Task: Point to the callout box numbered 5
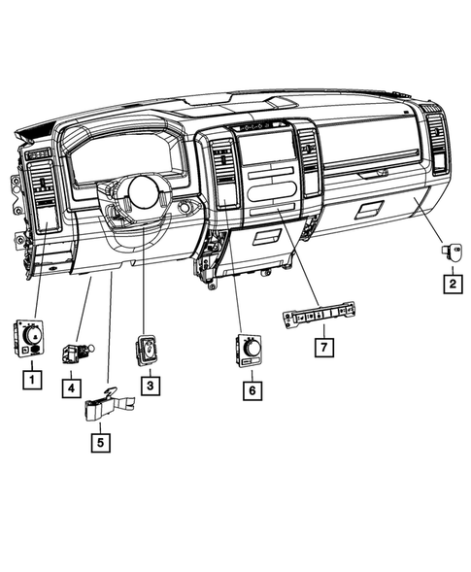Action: click(x=101, y=443)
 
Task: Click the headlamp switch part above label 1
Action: click(x=30, y=336)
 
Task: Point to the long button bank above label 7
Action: click(x=320, y=315)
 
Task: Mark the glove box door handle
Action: click(x=373, y=173)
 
